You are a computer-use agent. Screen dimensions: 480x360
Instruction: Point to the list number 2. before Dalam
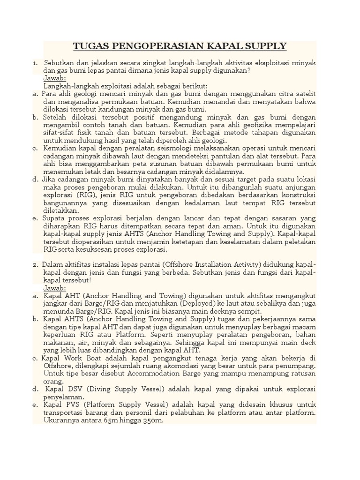click(36, 265)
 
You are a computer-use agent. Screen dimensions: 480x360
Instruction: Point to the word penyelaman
click(63, 397)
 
